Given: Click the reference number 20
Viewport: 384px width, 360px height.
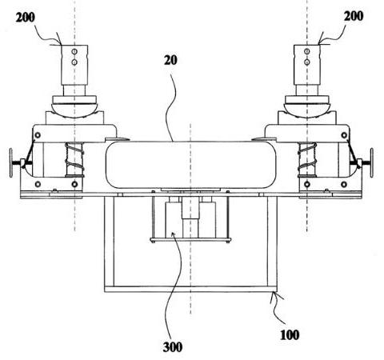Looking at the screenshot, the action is (170, 61).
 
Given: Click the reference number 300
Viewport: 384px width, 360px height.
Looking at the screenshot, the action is (173, 347).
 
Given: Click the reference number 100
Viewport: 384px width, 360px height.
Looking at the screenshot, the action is (290, 334).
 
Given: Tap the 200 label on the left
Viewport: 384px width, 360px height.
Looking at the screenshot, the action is (26, 18).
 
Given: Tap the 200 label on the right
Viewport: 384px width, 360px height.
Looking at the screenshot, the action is (354, 16).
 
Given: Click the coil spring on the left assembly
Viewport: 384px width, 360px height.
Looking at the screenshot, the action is (74, 159).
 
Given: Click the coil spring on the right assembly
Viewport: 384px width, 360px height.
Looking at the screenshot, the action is (307, 159).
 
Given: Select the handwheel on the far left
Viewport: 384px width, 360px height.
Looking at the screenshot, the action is (10, 163).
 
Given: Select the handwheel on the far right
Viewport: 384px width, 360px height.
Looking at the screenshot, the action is (371, 163).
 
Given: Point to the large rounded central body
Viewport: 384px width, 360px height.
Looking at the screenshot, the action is (190, 165).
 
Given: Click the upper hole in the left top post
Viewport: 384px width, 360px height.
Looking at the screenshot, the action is (74, 51).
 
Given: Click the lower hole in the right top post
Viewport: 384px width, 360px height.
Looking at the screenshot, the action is (307, 62).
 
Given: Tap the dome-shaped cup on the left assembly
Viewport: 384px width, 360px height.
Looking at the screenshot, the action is (74, 110).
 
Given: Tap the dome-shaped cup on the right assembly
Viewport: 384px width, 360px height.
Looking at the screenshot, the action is (307, 110).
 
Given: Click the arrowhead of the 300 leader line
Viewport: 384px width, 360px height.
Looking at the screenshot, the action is (173, 234).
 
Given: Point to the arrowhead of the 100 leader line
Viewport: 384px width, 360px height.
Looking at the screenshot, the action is (273, 294).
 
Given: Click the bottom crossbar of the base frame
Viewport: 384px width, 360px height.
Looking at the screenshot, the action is (190, 289).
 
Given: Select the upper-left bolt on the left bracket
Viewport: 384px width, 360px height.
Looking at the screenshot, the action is (38, 135).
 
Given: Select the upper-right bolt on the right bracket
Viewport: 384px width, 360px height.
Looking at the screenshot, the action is (344, 135).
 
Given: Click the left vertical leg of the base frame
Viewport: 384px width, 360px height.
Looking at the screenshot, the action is (109, 242).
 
